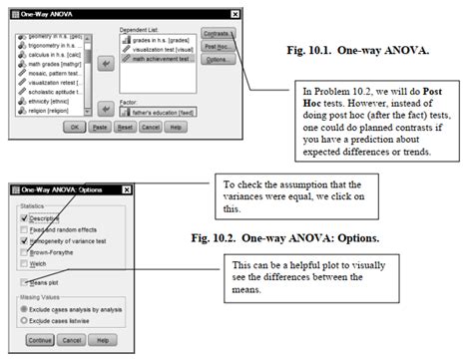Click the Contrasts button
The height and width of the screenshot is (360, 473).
219,33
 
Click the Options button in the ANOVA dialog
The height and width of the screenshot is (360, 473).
219,60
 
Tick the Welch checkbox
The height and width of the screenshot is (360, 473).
24,264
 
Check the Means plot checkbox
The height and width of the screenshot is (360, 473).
24,283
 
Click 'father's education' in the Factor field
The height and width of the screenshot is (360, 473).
160,106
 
